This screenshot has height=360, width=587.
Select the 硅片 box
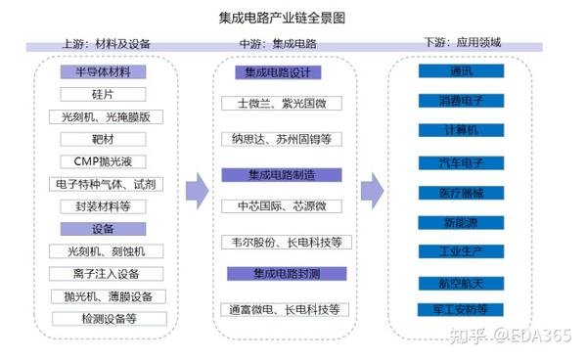[103, 94]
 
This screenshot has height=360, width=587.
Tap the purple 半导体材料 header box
[103, 71]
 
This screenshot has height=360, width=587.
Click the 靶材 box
[103, 139]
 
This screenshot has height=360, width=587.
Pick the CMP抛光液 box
[103, 161]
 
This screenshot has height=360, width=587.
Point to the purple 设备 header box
[103, 229]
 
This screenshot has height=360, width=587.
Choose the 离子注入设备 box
[103, 274]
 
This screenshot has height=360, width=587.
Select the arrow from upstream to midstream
[198, 190]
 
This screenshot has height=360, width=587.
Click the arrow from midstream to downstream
[372, 190]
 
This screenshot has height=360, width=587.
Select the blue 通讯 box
[461, 71]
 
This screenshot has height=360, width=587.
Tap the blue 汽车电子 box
[461, 161]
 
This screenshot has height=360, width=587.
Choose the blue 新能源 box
[461, 222]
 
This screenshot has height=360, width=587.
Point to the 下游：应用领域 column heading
[461, 44]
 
